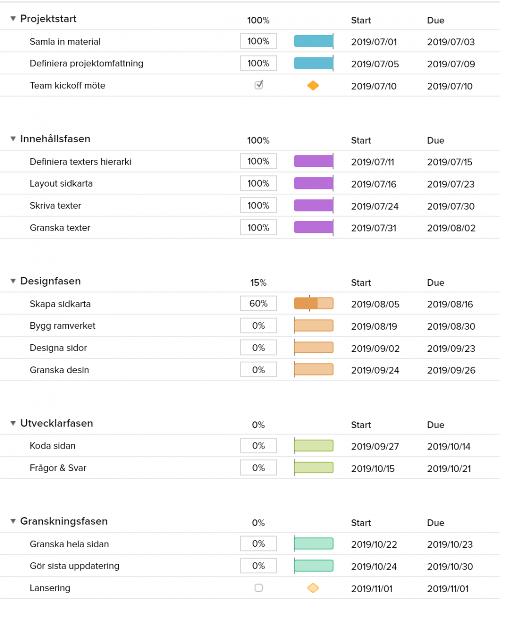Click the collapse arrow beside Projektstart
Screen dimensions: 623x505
13,19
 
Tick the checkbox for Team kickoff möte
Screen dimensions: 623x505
259,85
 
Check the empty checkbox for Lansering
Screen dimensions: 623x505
259,588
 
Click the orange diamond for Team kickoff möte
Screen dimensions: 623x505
313,86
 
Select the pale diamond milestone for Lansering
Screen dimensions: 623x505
313,588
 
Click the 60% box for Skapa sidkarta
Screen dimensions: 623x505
258,304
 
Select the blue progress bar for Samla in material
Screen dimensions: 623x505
313,41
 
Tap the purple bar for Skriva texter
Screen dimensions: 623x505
313,205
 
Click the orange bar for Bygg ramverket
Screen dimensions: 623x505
314,326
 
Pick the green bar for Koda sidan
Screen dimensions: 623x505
314,446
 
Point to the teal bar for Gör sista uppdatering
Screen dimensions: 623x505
314,566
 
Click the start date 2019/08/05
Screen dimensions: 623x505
375,304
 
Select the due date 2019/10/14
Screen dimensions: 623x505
448,447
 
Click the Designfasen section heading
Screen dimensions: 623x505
50,281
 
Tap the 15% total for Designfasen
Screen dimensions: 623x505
258,283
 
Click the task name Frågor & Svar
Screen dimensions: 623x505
58,468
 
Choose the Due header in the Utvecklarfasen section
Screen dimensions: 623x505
435,425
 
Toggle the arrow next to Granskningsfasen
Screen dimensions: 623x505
13,521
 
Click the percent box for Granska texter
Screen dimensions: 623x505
258,228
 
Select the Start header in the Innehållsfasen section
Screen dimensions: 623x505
361,141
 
